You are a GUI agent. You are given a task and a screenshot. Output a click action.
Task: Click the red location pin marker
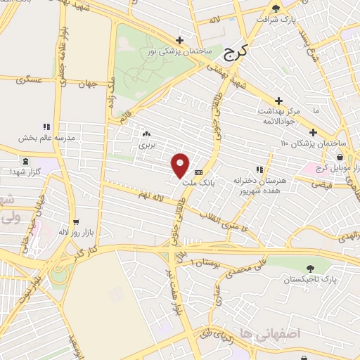181,165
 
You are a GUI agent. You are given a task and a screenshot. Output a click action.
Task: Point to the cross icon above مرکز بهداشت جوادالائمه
279,101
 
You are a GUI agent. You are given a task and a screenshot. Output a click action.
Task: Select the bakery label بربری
146,144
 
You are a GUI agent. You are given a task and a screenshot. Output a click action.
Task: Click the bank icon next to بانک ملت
198,172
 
